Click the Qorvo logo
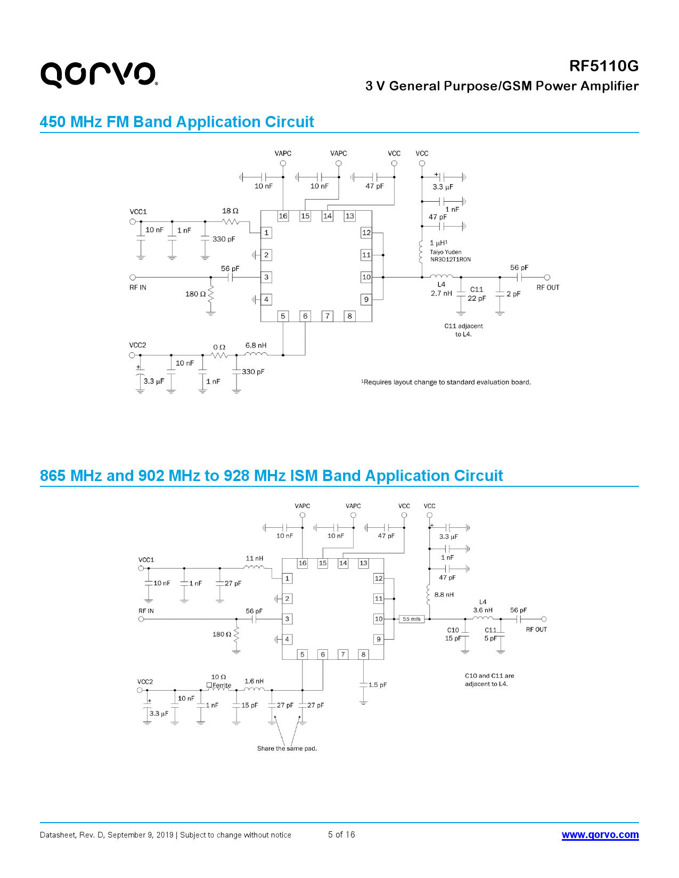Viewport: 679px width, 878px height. point(99,74)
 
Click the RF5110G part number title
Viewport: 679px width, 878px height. point(603,66)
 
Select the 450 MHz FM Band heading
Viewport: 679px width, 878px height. point(177,122)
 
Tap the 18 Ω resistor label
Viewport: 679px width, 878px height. point(230,211)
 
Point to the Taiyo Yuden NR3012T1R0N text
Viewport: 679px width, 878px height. point(450,256)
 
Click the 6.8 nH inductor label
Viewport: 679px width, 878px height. point(256,345)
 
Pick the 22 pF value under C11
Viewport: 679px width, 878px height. point(477,299)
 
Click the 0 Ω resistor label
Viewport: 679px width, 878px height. point(219,347)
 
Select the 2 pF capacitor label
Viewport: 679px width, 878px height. point(513,294)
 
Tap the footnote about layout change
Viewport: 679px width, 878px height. point(446,382)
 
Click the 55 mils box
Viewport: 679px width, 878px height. point(412,619)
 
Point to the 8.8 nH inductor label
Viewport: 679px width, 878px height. point(444,595)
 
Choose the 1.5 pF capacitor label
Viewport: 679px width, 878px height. point(378,685)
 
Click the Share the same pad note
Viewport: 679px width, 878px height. point(287,749)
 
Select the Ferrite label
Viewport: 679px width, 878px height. point(221,685)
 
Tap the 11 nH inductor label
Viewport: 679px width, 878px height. point(254,559)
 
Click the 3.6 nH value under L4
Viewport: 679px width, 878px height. point(482,610)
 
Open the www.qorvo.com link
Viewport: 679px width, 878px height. point(600,835)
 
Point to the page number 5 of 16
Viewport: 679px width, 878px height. point(341,834)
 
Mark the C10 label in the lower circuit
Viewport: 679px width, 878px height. point(453,630)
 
